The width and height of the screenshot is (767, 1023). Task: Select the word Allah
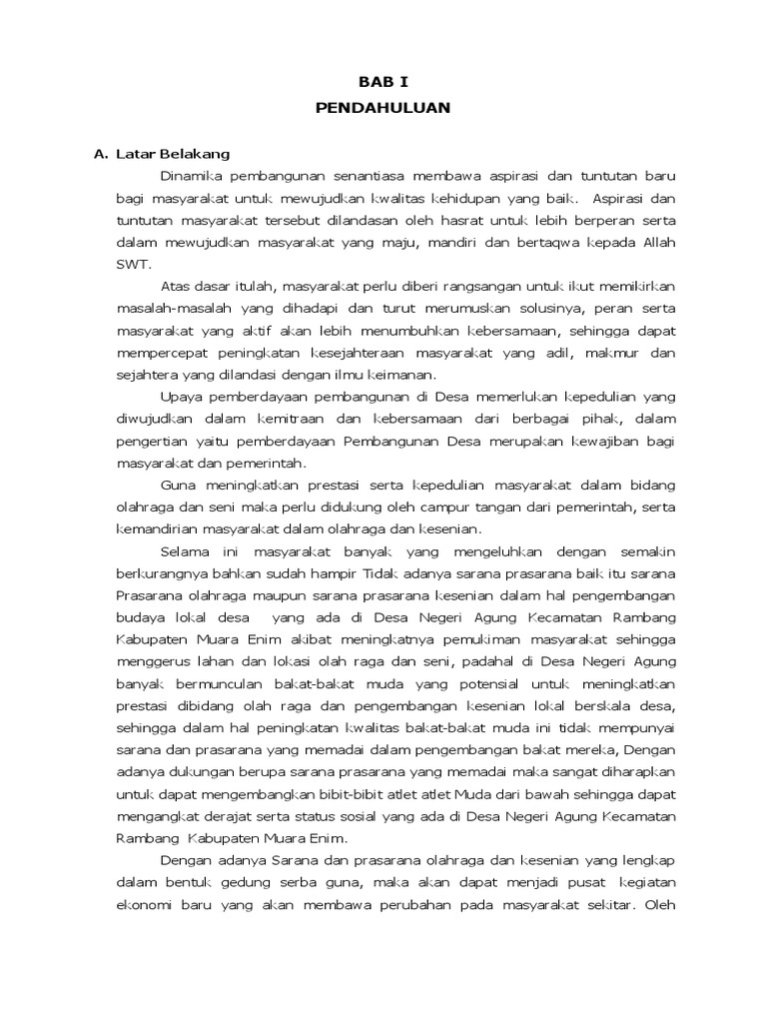(655, 242)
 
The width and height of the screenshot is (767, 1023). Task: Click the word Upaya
(180, 397)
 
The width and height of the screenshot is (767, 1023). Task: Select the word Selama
(183, 550)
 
